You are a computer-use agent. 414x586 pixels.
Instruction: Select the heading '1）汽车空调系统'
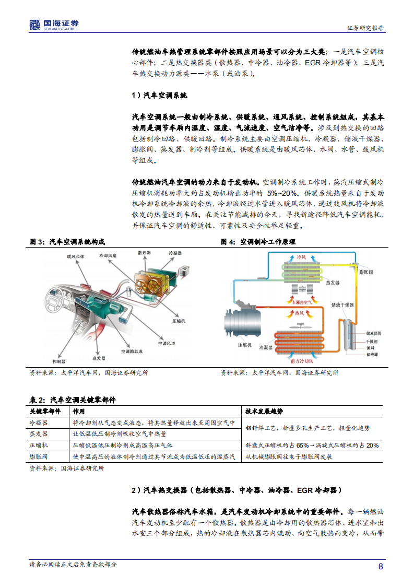[159, 96]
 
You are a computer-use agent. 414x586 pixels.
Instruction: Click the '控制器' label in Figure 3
[59, 361]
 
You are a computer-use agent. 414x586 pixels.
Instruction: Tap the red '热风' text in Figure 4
[301, 313]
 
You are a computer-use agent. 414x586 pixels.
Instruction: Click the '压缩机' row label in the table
[39, 446]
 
